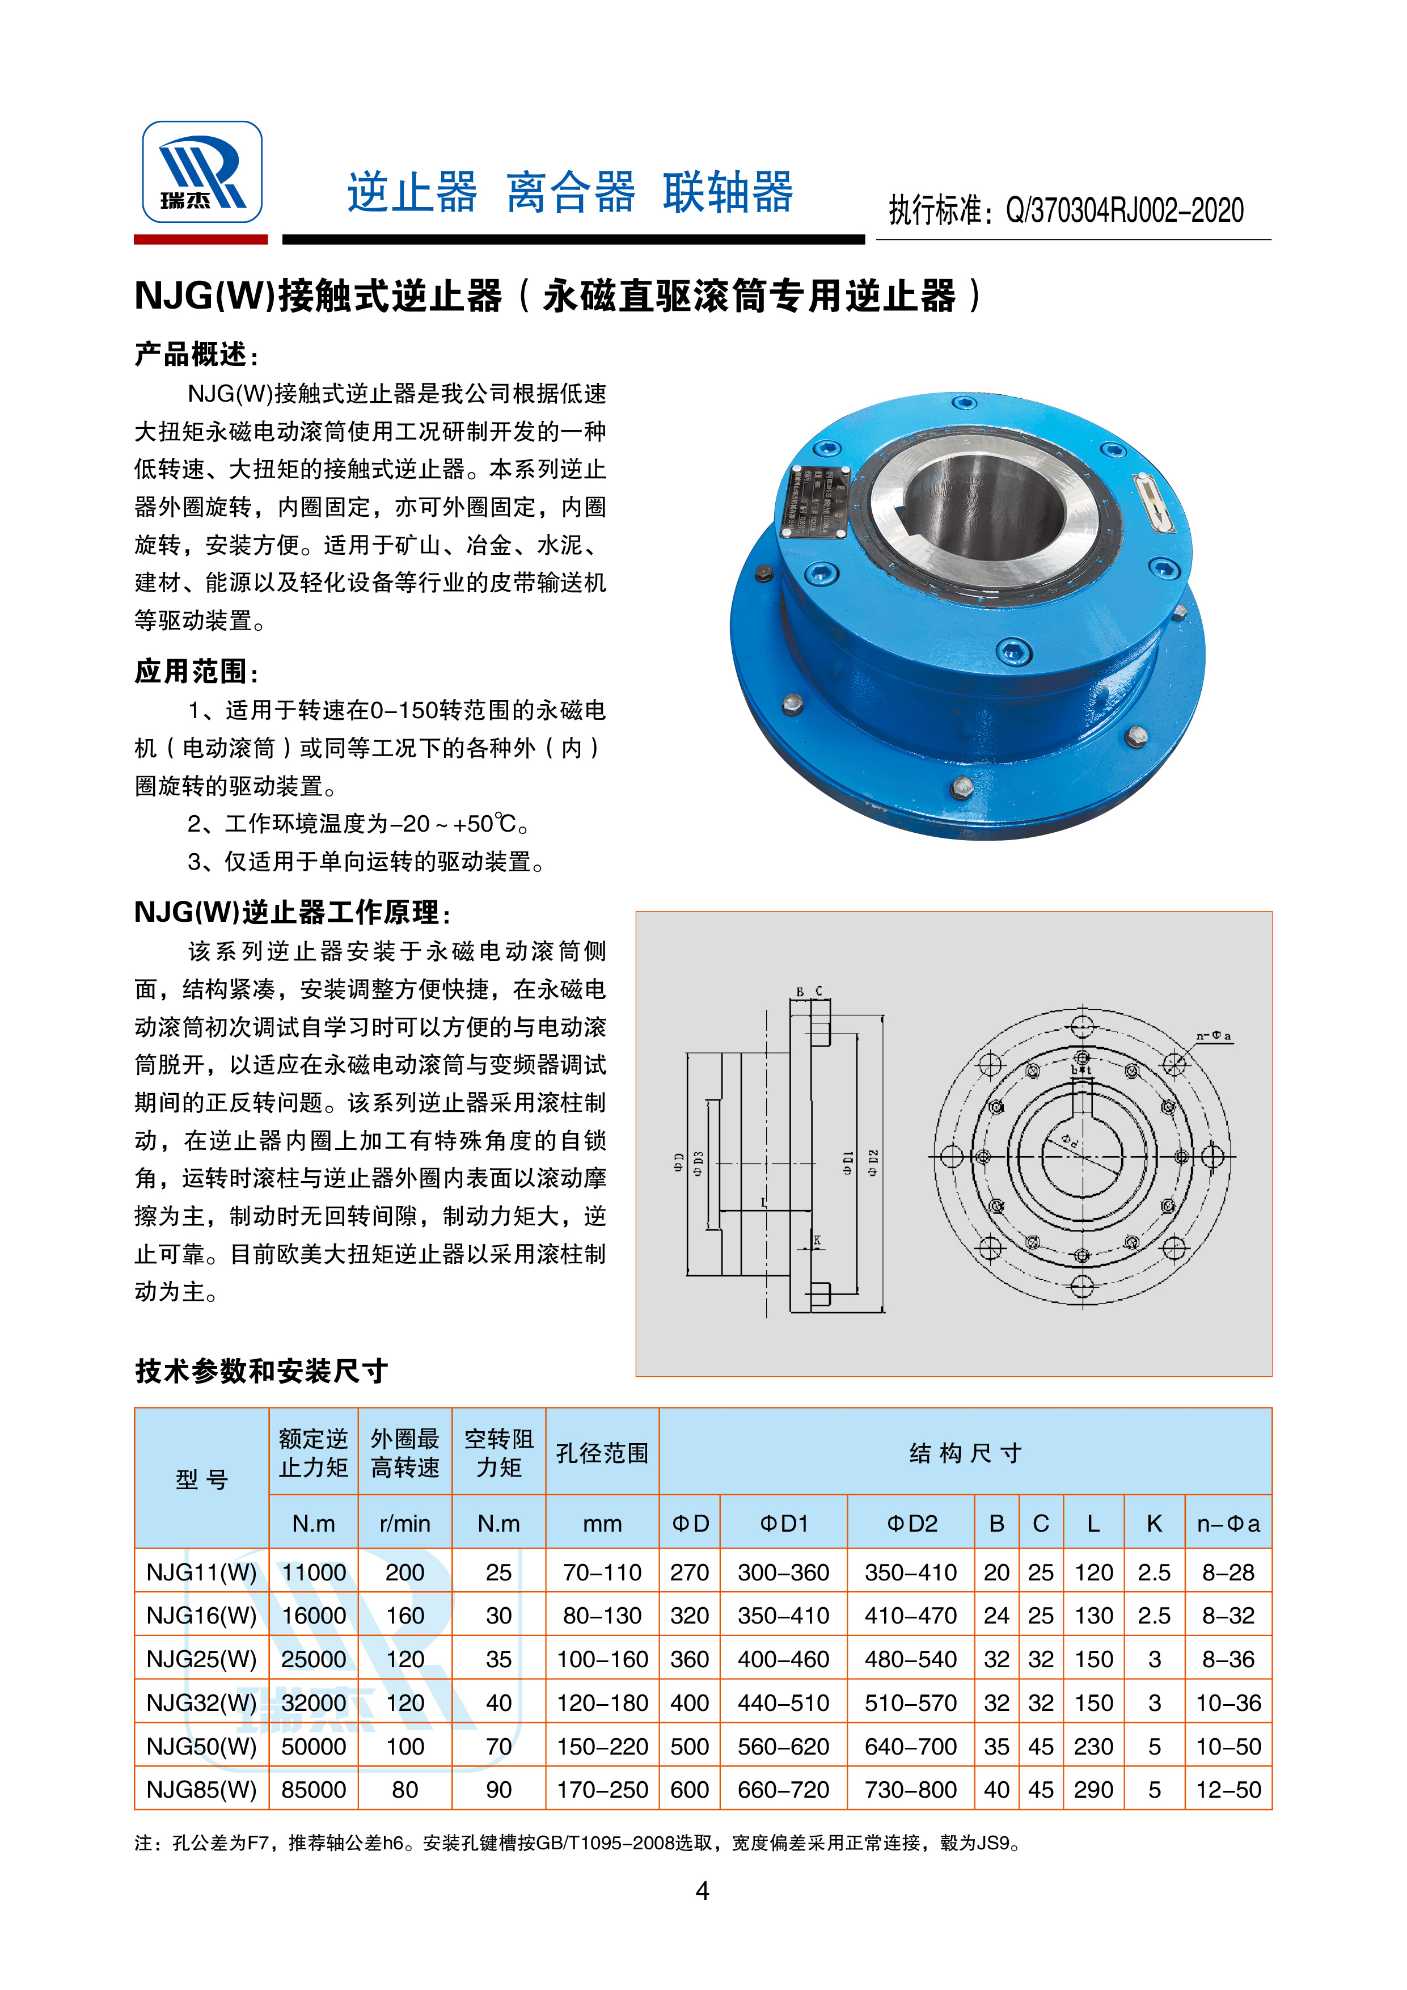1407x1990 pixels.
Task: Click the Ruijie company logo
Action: [202, 172]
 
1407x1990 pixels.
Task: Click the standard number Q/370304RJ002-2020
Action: [1123, 210]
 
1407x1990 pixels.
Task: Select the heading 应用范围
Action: [196, 671]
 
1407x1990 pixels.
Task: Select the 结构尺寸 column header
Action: [965, 1453]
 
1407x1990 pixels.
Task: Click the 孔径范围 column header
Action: [602, 1453]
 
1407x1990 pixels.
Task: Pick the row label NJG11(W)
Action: [202, 1572]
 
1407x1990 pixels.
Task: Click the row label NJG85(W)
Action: [202, 1790]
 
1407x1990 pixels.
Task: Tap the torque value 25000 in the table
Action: [314, 1659]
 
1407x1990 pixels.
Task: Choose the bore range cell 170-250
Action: [602, 1790]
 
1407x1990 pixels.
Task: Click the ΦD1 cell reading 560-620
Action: [783, 1747]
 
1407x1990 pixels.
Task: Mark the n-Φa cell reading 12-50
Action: [1228, 1790]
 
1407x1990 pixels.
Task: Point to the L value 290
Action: [1093, 1790]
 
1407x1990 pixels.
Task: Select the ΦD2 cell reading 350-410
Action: [911, 1572]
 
